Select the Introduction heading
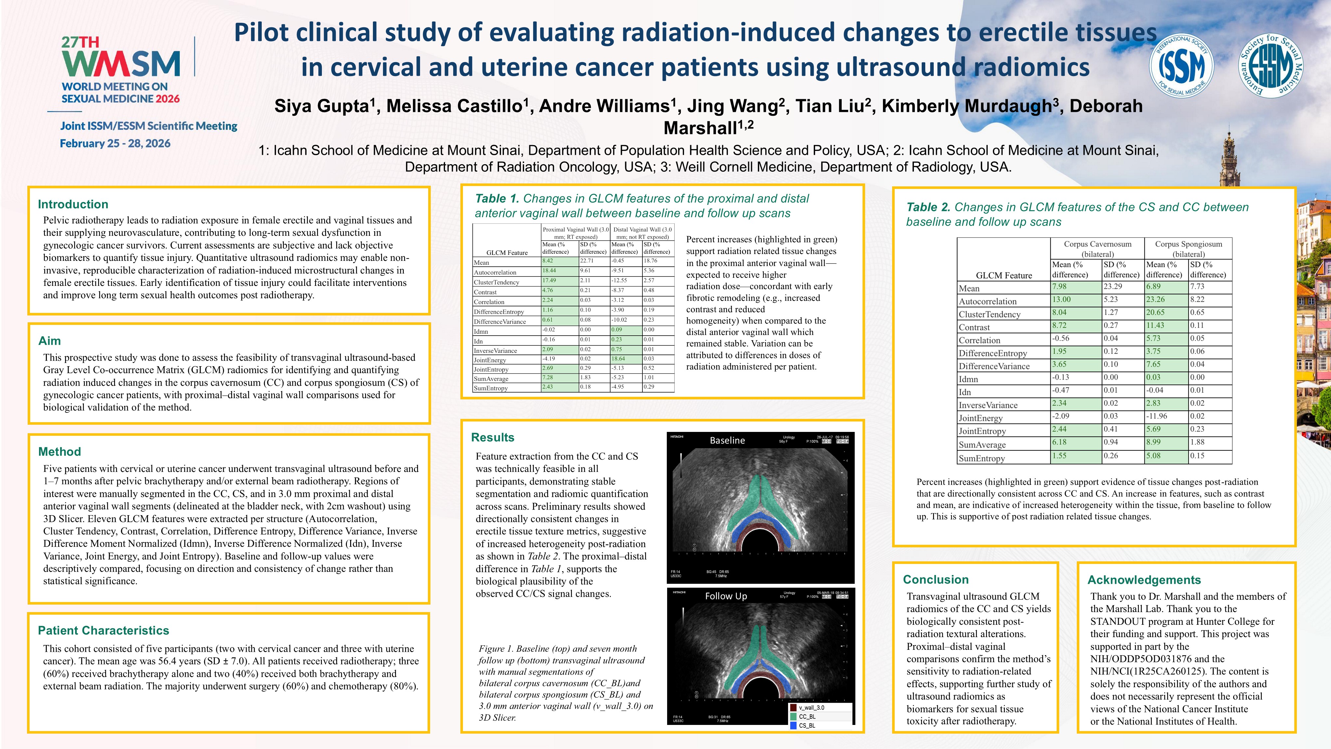click(x=73, y=204)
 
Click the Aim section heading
click(x=50, y=341)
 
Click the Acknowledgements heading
click(x=1144, y=580)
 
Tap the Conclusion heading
click(x=936, y=580)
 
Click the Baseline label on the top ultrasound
click(x=727, y=440)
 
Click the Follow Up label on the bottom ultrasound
click(x=726, y=596)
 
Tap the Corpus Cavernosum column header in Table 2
click(x=1098, y=248)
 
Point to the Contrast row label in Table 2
click(x=974, y=327)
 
